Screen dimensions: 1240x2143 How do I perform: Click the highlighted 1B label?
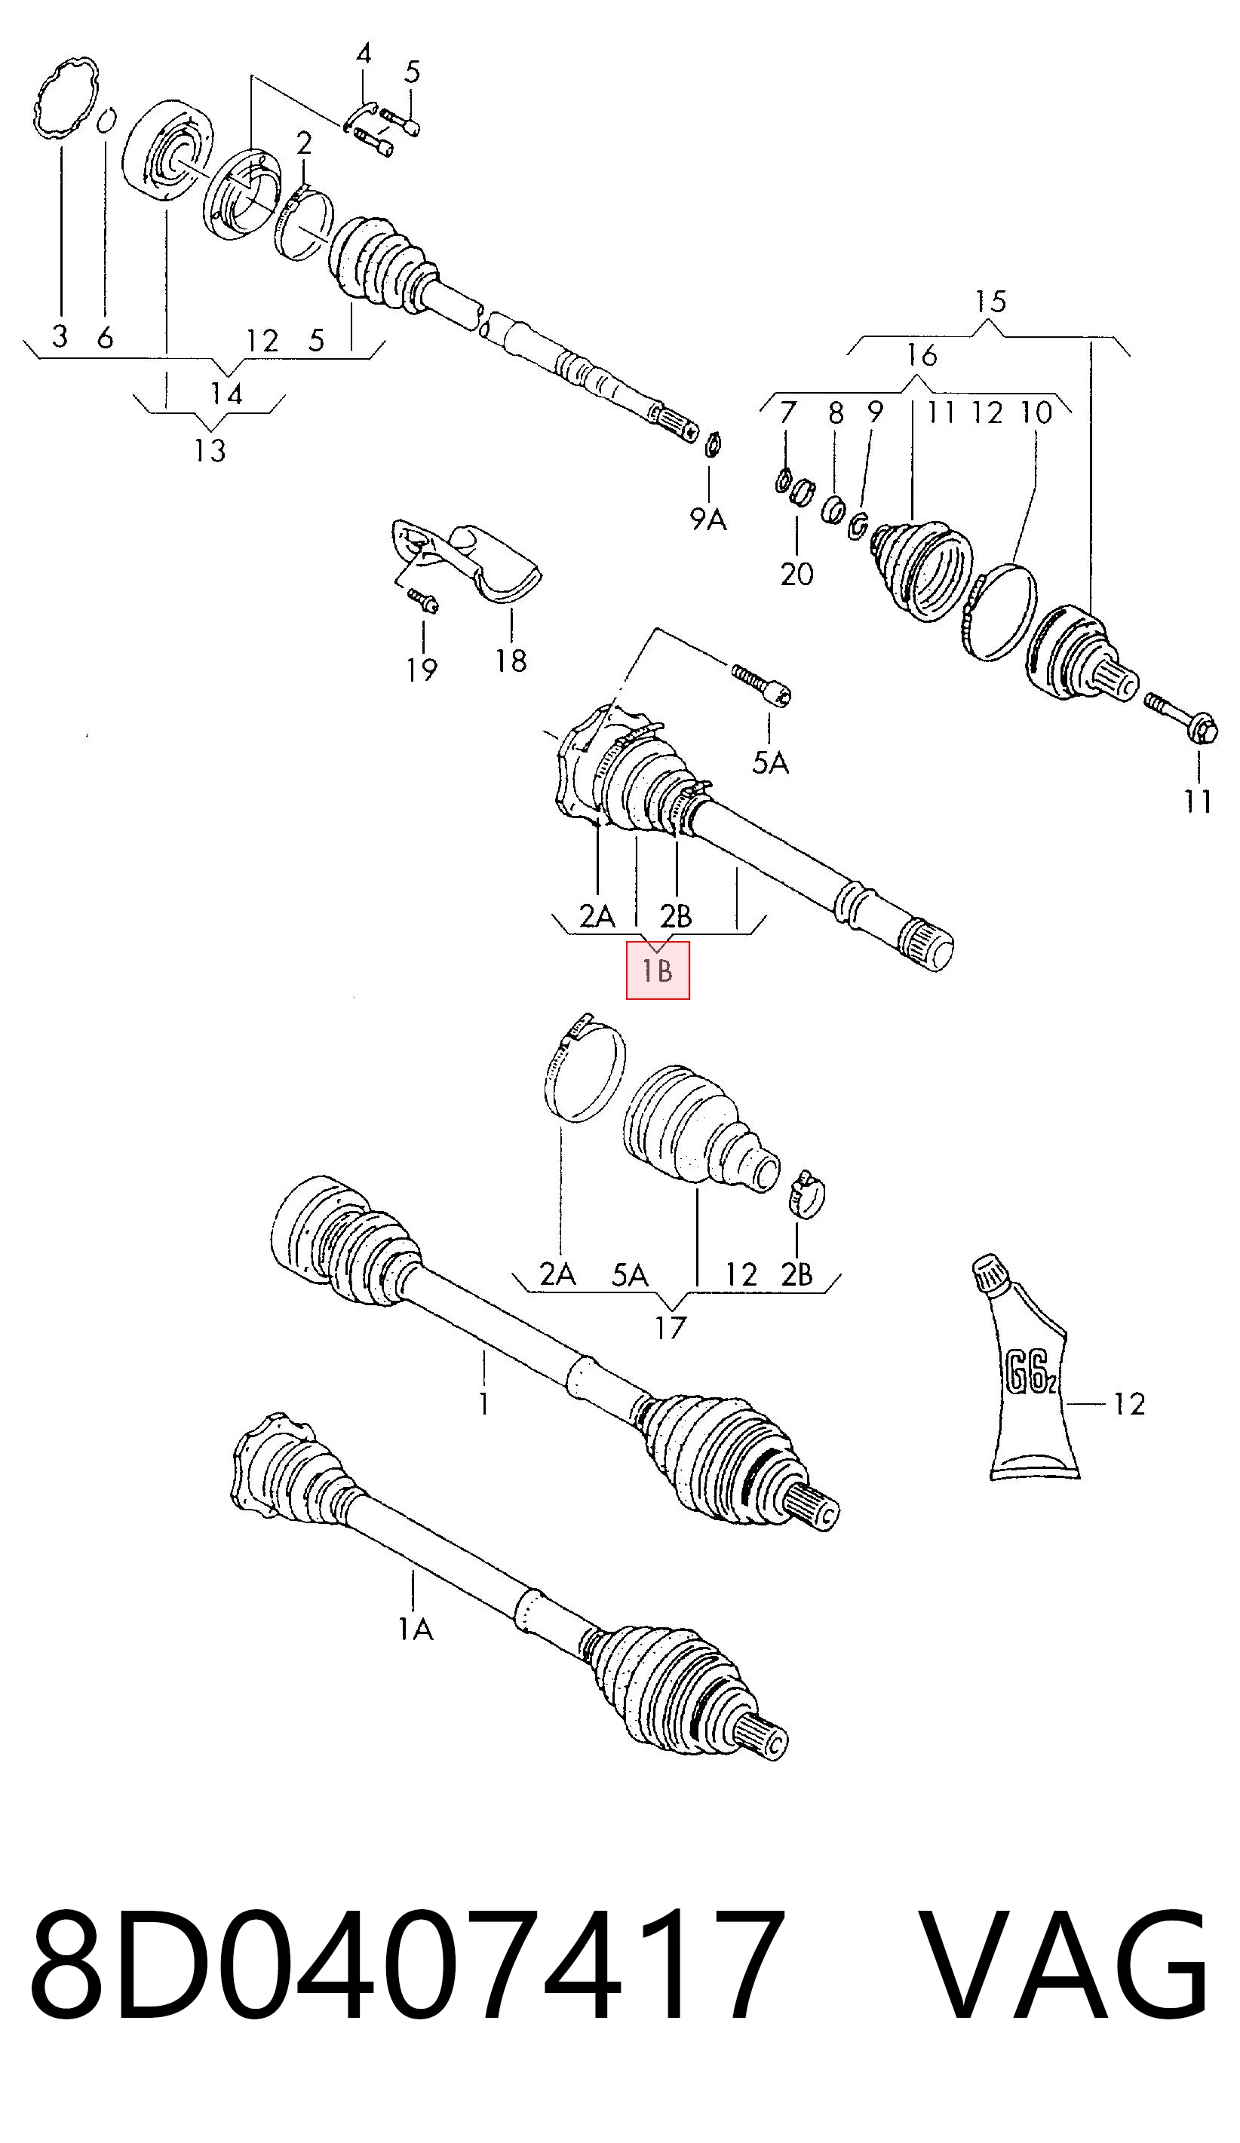click(658, 970)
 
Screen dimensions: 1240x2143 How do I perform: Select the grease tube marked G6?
click(1024, 1366)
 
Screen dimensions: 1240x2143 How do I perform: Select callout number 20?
click(797, 574)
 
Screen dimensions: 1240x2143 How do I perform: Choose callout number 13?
click(209, 450)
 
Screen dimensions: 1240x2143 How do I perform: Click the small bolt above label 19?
click(422, 600)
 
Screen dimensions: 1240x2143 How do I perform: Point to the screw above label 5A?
click(762, 685)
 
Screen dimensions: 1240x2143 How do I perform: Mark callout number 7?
click(787, 412)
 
